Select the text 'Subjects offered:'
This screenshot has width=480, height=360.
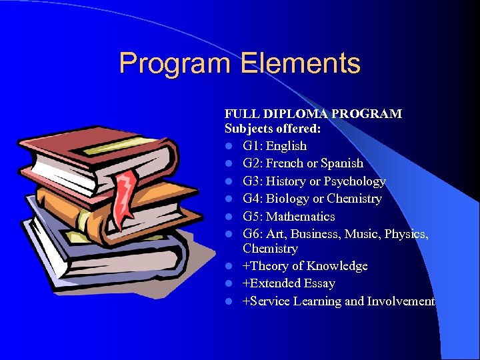click(x=263, y=128)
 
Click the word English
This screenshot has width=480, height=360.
click(x=286, y=146)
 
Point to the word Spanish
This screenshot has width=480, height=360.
click(x=342, y=163)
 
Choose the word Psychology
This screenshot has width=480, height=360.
click(x=357, y=181)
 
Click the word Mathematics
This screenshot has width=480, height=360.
click(x=301, y=217)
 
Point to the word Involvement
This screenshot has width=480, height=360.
click(x=405, y=301)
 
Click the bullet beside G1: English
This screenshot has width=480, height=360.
click(x=229, y=146)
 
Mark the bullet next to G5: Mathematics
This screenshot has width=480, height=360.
click(x=229, y=217)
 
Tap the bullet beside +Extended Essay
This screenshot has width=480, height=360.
click(x=229, y=283)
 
